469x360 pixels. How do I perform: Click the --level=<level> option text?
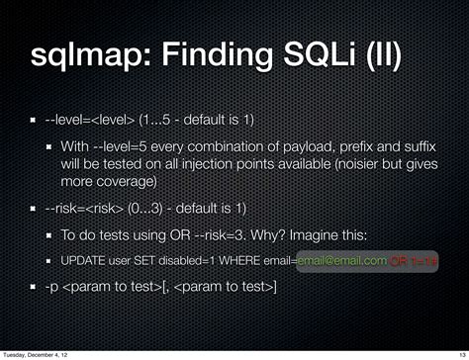click(92, 120)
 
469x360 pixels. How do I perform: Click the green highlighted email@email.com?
click(342, 260)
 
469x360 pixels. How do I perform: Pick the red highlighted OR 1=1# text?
click(416, 261)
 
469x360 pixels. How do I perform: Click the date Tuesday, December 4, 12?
click(41, 350)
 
